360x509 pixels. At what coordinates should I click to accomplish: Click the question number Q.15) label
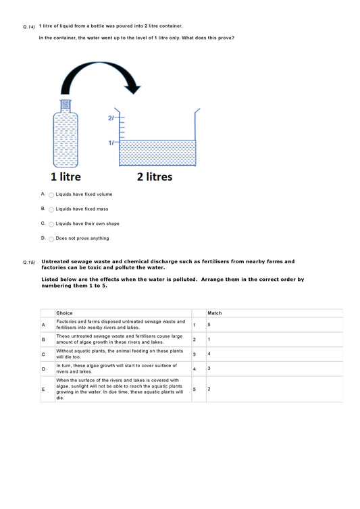pyautogui.click(x=28, y=262)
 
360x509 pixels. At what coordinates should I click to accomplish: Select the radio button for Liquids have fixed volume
pyautogui.click(x=51, y=194)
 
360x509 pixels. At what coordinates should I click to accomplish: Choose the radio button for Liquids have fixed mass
pyautogui.click(x=51, y=209)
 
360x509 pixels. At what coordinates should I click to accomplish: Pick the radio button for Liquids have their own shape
pyautogui.click(x=51, y=224)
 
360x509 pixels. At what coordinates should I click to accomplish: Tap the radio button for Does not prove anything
pyautogui.click(x=51, y=239)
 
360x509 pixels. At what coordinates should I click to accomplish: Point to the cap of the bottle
pyautogui.click(x=66, y=105)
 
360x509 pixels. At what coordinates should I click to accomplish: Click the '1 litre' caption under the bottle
pyautogui.click(x=66, y=177)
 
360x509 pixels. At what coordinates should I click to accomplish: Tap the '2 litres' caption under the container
pyautogui.click(x=155, y=177)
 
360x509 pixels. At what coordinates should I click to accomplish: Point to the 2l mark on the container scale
pyautogui.click(x=111, y=118)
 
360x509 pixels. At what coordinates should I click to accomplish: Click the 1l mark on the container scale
pyautogui.click(x=111, y=143)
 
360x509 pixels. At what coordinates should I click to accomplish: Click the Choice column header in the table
pyautogui.click(x=65, y=313)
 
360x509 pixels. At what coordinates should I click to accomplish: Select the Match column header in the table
pyautogui.click(x=214, y=313)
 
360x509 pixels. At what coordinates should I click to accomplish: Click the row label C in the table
pyautogui.click(x=44, y=354)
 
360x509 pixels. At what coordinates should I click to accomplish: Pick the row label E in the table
pyautogui.click(x=44, y=390)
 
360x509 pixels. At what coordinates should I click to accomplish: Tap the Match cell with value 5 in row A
pyautogui.click(x=209, y=325)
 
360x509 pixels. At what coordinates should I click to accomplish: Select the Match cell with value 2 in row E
pyautogui.click(x=209, y=390)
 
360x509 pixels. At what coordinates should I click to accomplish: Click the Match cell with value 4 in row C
pyautogui.click(x=209, y=354)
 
